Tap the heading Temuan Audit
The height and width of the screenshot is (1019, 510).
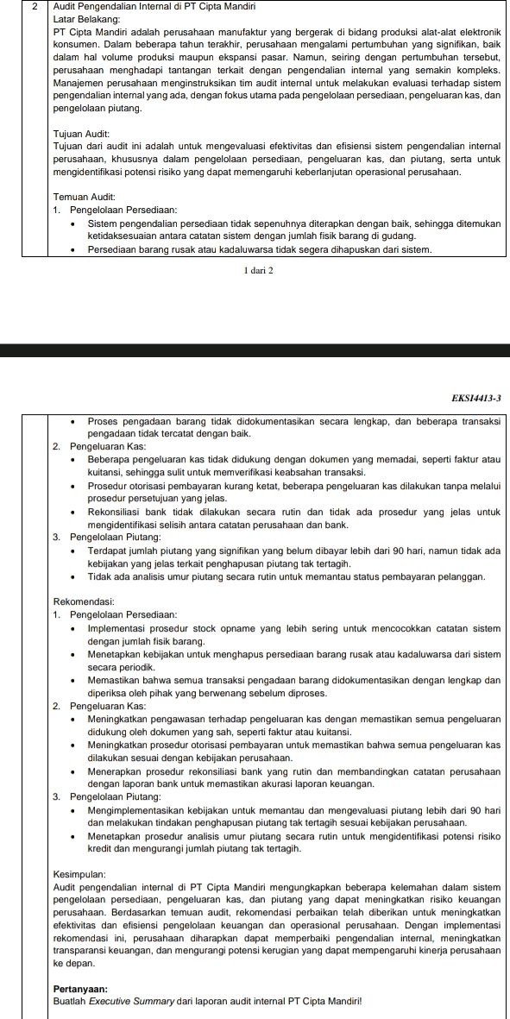click(x=79, y=196)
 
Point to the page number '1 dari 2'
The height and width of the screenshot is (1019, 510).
click(x=259, y=270)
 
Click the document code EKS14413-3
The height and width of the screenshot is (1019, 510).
click(x=476, y=398)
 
